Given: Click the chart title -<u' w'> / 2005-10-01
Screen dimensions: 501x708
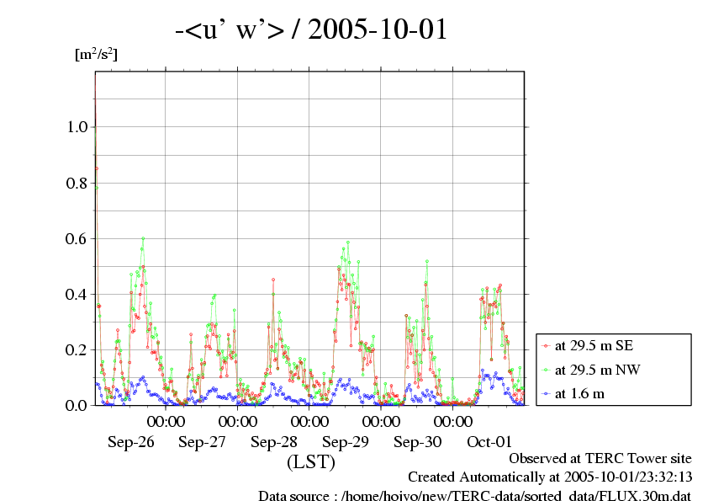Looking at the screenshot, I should point(311,30).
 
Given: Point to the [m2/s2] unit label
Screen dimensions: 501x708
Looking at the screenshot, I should point(97,55).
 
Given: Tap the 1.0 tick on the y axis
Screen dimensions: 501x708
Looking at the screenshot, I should point(77,127).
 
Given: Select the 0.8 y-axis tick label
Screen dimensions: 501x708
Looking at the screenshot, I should point(77,183).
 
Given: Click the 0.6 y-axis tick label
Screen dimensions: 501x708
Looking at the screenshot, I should point(77,238).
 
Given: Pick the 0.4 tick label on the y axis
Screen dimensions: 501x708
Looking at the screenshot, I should point(77,294).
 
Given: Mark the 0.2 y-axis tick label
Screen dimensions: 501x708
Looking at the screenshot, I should point(77,349).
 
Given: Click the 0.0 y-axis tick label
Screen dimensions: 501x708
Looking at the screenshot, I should point(77,405).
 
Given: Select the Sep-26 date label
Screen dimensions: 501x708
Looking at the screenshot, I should point(130,441).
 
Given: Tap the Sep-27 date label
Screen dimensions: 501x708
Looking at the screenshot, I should point(202,441).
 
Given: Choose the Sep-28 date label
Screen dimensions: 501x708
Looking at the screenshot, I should point(273,441).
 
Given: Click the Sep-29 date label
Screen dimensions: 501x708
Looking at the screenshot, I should point(345,441).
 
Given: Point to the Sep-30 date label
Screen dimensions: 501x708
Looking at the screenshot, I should point(417,441).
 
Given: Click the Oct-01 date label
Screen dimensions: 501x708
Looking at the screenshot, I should point(489,441).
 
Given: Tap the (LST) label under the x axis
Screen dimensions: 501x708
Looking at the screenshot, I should point(311,462).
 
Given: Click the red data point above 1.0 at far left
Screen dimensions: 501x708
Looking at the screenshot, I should point(94,99).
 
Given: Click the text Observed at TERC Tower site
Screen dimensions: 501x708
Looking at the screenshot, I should point(600,458).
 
